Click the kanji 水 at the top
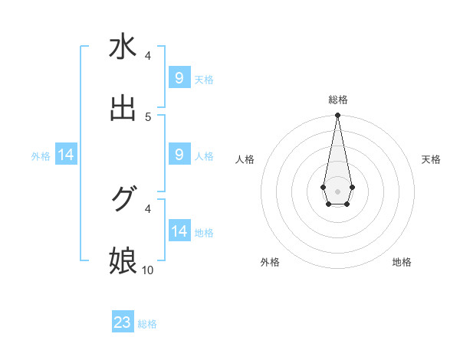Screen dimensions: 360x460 coord(123,47)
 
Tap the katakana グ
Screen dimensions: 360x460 coord(123,199)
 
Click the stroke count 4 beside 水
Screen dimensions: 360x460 coord(148,56)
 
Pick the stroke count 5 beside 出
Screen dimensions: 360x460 coord(148,116)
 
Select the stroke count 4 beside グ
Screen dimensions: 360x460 coord(148,208)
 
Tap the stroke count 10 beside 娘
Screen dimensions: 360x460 coord(148,270)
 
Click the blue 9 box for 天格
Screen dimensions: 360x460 coord(179,78)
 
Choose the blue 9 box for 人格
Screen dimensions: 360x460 coord(179,155)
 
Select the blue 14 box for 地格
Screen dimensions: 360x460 coord(179,231)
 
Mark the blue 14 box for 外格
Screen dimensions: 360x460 coord(66,155)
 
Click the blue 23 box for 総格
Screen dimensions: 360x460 coord(123,322)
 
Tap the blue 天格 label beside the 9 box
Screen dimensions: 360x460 coord(204,79)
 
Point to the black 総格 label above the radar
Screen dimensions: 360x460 coord(337,100)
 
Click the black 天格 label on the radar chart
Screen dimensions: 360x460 coord(431,159)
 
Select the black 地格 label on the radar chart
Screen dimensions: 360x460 coord(402,262)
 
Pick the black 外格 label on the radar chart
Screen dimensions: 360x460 coord(270,262)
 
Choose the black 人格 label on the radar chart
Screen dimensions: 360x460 coord(245,159)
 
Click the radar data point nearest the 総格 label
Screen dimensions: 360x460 coord(337,115)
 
